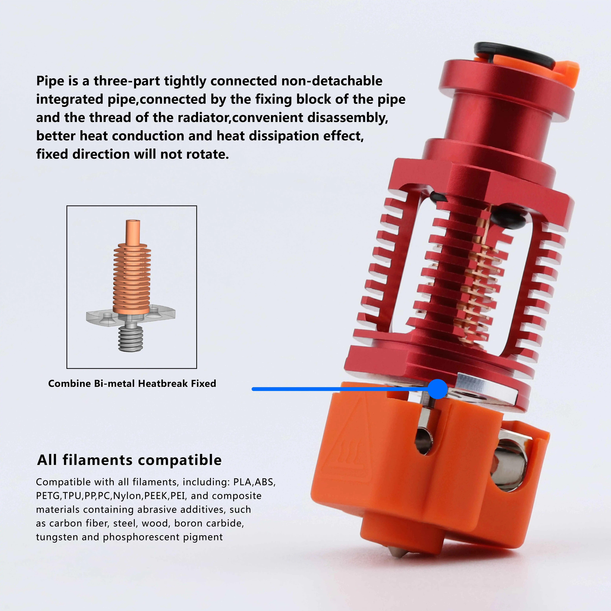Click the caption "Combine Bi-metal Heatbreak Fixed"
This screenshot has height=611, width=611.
(x=132, y=383)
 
